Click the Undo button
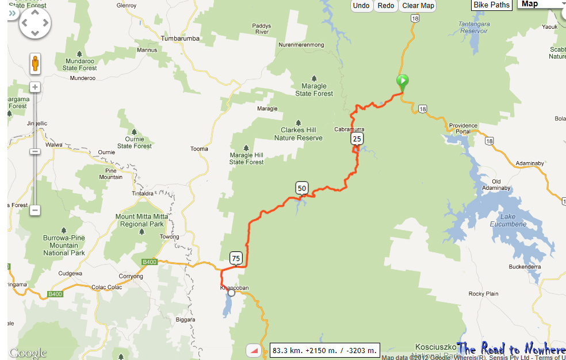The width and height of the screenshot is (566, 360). (361, 6)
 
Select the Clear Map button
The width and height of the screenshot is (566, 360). (418, 6)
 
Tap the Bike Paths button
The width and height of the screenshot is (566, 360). (492, 5)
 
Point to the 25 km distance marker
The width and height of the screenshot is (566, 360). (357, 139)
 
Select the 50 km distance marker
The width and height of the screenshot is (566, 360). (302, 187)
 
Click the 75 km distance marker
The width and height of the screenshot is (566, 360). (236, 258)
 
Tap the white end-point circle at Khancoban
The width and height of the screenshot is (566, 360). (232, 293)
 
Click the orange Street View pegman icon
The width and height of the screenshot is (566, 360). (35, 63)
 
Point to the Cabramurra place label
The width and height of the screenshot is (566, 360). (349, 129)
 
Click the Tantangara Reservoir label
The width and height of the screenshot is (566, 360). (473, 27)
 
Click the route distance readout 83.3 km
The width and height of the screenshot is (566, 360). (325, 350)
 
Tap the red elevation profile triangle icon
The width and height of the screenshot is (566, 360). (253, 350)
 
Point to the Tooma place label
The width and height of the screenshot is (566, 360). (199, 149)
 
